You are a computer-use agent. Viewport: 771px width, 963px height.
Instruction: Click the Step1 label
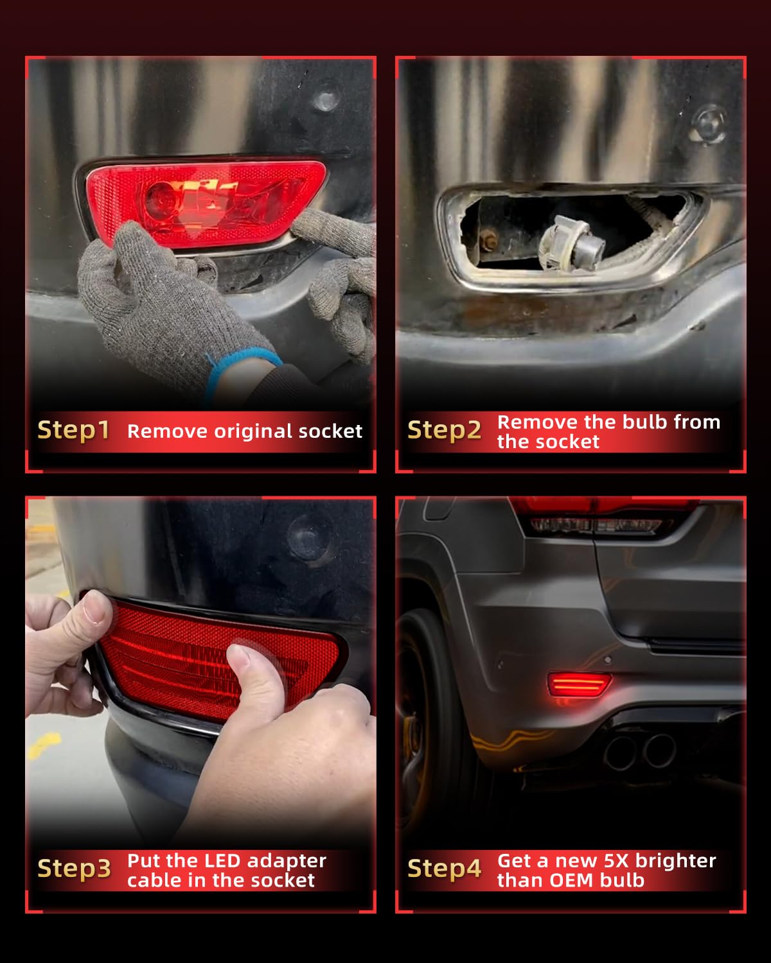point(73,430)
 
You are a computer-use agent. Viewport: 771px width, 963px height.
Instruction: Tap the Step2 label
point(444,430)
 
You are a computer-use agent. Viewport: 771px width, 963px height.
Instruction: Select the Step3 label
point(74,869)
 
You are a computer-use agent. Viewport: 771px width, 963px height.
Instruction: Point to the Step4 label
point(444,869)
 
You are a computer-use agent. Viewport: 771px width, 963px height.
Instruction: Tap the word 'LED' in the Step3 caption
point(220,860)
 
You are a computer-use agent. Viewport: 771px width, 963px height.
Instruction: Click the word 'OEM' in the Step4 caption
point(572,880)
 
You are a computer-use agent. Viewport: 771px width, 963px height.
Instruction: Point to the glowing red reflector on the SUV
point(579,684)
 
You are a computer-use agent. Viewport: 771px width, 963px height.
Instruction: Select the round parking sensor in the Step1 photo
point(326,100)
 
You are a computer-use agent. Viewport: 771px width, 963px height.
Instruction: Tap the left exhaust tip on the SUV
point(621,752)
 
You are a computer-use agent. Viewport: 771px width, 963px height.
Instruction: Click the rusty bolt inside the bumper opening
point(488,241)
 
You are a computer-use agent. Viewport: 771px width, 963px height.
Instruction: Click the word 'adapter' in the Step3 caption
point(287,862)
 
